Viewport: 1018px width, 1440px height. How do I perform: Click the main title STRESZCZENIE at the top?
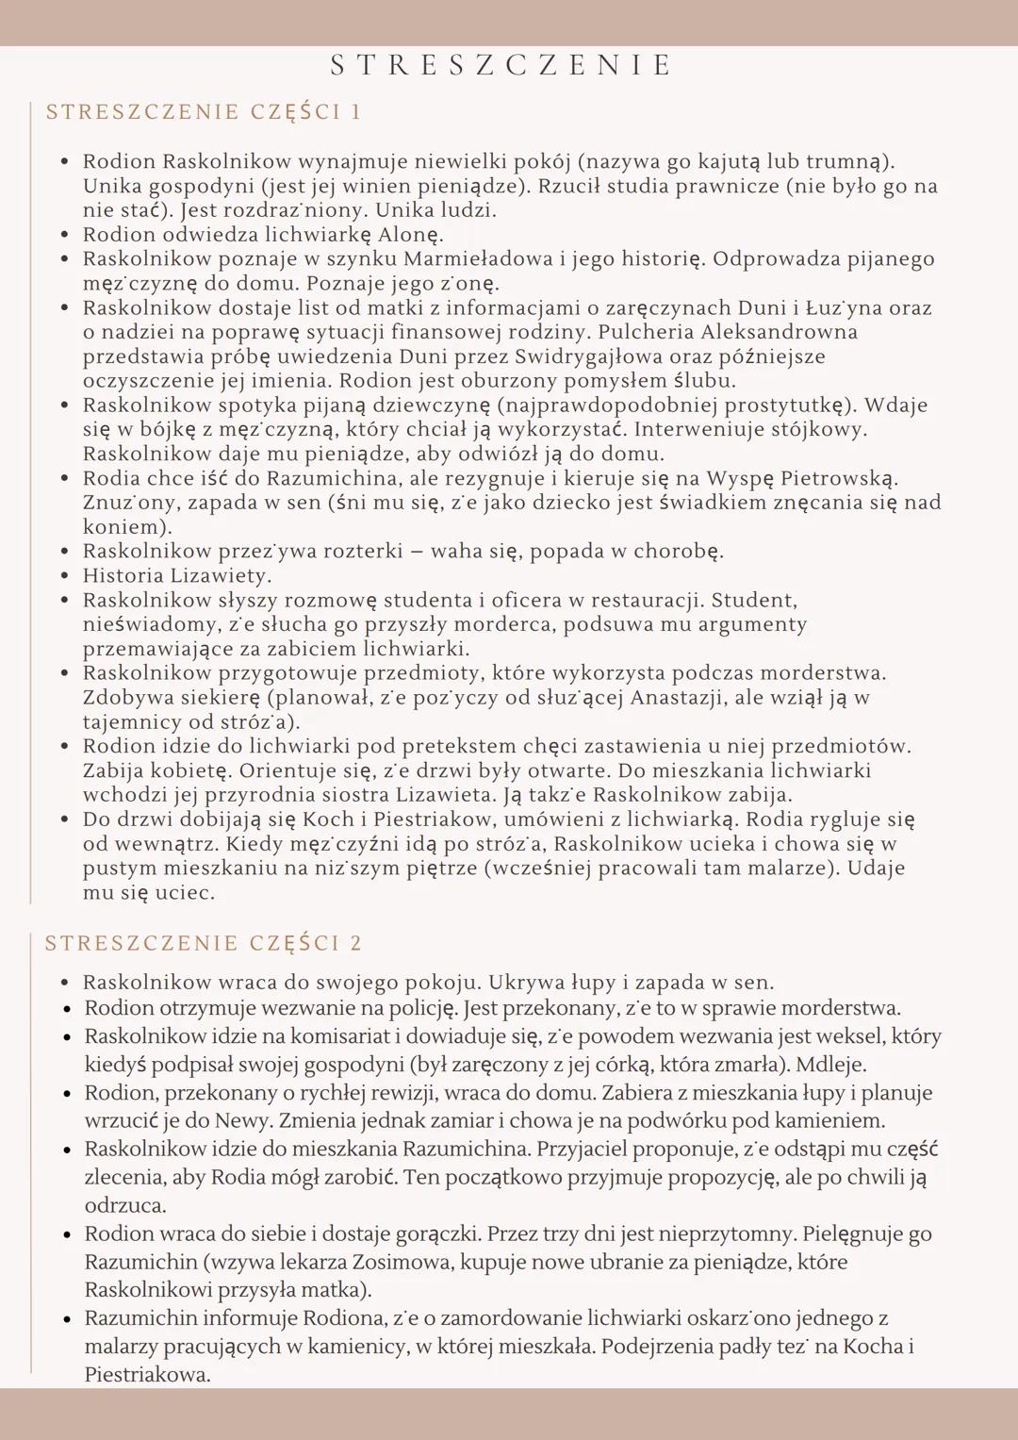(501, 65)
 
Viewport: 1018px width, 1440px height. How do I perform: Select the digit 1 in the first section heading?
(356, 112)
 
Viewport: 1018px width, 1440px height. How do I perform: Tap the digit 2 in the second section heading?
(356, 944)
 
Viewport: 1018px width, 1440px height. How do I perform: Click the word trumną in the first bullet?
(846, 161)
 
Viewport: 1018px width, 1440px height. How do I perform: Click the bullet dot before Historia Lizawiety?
(64, 576)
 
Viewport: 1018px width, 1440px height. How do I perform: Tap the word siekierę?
(204, 698)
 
